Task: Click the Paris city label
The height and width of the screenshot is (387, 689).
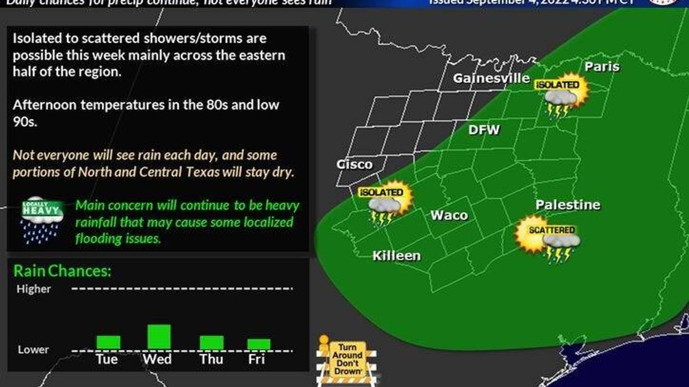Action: point(602,67)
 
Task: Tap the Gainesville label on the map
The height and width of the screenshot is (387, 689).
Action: point(491,79)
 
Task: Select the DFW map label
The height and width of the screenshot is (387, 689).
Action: point(484,130)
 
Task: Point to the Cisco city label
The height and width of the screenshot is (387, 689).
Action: point(354,164)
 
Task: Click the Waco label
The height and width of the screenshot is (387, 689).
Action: point(449,215)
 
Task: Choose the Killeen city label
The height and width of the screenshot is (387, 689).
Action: point(396,256)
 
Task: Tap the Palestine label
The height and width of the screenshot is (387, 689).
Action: point(568,205)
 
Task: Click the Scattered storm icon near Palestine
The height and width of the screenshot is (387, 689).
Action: point(547,239)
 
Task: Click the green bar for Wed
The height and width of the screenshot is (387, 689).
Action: point(159,337)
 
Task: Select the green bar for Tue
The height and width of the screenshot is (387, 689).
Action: point(108,342)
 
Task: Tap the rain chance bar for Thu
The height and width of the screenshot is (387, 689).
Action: point(211,342)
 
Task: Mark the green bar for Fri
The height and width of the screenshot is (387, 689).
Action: point(258,344)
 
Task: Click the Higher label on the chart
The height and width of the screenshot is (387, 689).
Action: point(34,289)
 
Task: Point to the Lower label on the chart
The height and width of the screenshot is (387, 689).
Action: point(33,350)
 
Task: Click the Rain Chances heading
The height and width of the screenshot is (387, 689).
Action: point(63,271)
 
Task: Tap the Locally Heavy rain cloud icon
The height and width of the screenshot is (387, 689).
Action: point(42,219)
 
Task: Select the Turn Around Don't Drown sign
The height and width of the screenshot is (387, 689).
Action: point(347,360)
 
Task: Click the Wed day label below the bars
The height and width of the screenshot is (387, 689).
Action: point(157,359)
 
